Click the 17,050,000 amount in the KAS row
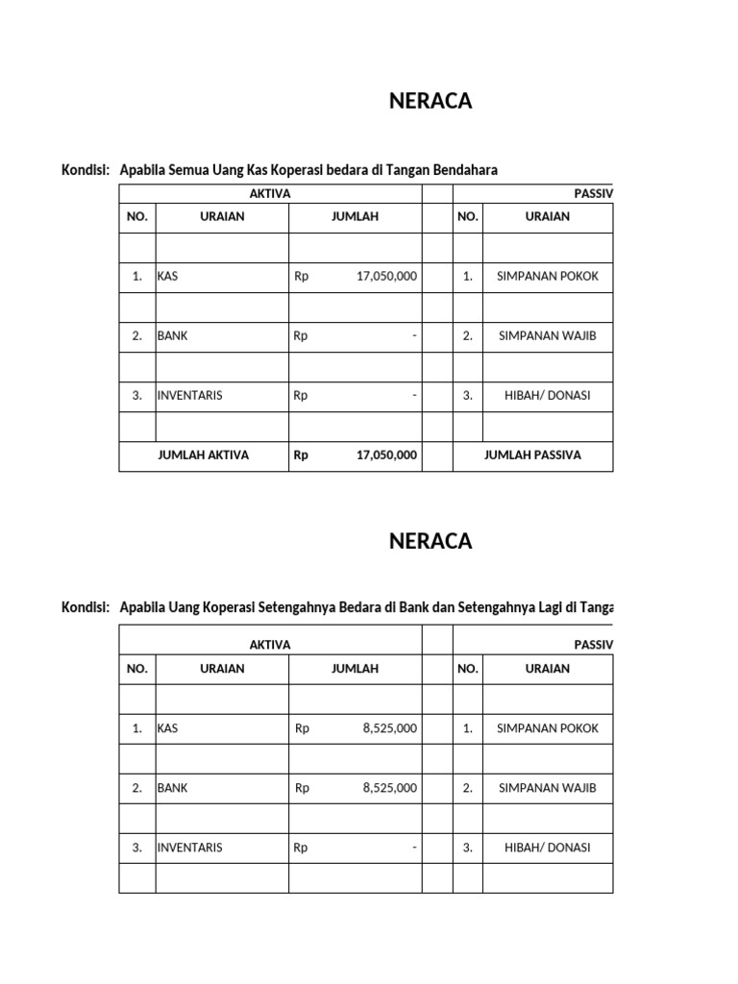[386, 276]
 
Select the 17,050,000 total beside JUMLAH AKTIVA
[386, 455]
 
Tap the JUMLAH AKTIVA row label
[203, 455]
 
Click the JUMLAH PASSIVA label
[532, 455]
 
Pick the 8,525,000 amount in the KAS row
[390, 728]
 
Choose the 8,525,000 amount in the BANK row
[390, 788]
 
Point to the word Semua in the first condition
[194, 170]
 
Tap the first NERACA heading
[430, 102]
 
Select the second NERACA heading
[430, 541]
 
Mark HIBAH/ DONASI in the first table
[547, 395]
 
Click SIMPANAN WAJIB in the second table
[547, 788]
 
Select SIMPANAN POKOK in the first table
[547, 276]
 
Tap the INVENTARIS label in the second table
[189, 848]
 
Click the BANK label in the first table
[172, 335]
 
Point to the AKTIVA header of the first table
[270, 193]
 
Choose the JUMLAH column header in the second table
[355, 669]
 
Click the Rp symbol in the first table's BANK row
[301, 335]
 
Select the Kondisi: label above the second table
[86, 608]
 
